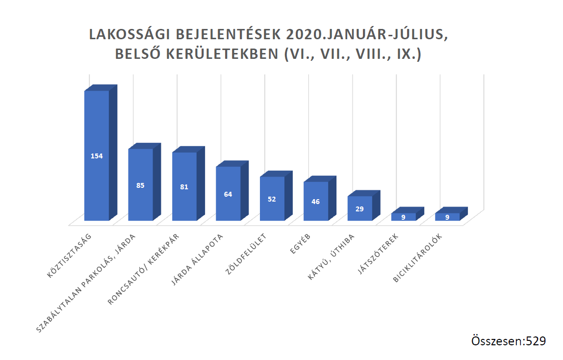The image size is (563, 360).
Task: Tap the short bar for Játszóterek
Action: pyautogui.click(x=403, y=216)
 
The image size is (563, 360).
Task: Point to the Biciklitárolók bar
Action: pyautogui.click(x=447, y=216)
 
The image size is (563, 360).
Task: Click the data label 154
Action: pyautogui.click(x=97, y=156)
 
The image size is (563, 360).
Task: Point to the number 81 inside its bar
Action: pyautogui.click(x=184, y=186)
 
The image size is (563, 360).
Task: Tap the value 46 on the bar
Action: pyautogui.click(x=316, y=201)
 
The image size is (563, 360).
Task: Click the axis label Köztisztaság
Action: pyautogui.click(x=70, y=256)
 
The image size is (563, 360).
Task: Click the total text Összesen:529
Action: pyautogui.click(x=508, y=341)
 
